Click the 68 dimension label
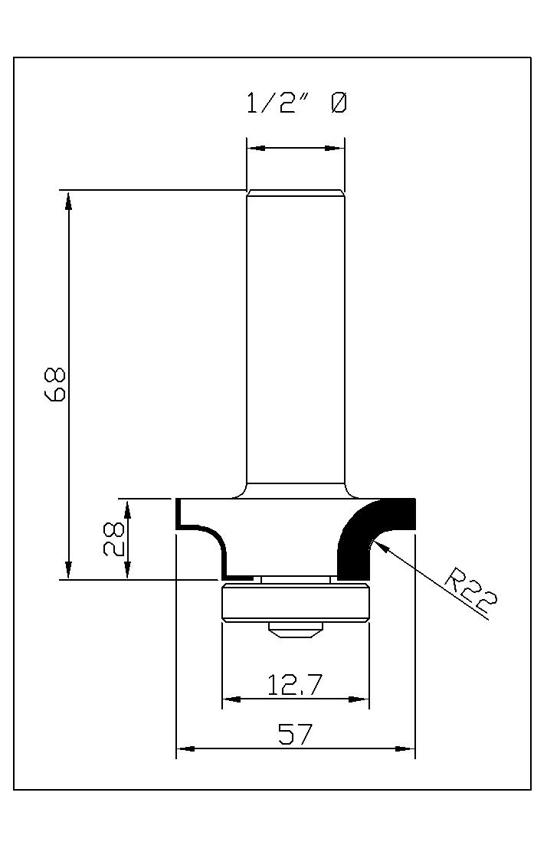pyautogui.click(x=55, y=385)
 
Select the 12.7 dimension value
pyautogui.click(x=295, y=685)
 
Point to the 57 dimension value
pyautogui.click(x=294, y=734)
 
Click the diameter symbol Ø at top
pyautogui.click(x=339, y=103)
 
